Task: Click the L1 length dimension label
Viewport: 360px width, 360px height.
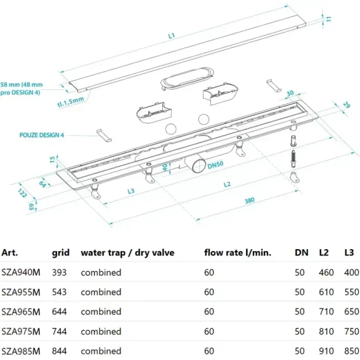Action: coord(172,36)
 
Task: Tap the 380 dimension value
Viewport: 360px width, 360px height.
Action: coord(249,200)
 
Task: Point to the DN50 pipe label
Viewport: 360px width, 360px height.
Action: coord(215,165)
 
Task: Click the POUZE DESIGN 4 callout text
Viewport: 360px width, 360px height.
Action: coord(42,135)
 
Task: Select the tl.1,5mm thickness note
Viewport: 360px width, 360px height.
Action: coord(70,101)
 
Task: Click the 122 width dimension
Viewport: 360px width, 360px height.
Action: coord(23,193)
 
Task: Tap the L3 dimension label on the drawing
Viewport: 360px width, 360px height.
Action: coord(131,191)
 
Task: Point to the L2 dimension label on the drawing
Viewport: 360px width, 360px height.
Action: coord(227,184)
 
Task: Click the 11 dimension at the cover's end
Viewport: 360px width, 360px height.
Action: coord(329,19)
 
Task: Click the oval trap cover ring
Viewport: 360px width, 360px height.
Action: coord(188,77)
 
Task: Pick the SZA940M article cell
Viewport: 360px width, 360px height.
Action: coord(21,273)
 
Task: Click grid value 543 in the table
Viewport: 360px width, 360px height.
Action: coord(59,292)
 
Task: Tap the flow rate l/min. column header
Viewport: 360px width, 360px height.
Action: coord(238,252)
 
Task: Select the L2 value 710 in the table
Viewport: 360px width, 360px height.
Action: coord(326,312)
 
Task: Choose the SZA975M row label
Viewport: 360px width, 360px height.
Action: coord(21,331)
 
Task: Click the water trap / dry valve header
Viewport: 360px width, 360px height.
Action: coord(127,253)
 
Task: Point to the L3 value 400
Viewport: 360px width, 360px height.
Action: coord(352,273)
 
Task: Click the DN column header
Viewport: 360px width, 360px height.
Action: coord(302,252)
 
